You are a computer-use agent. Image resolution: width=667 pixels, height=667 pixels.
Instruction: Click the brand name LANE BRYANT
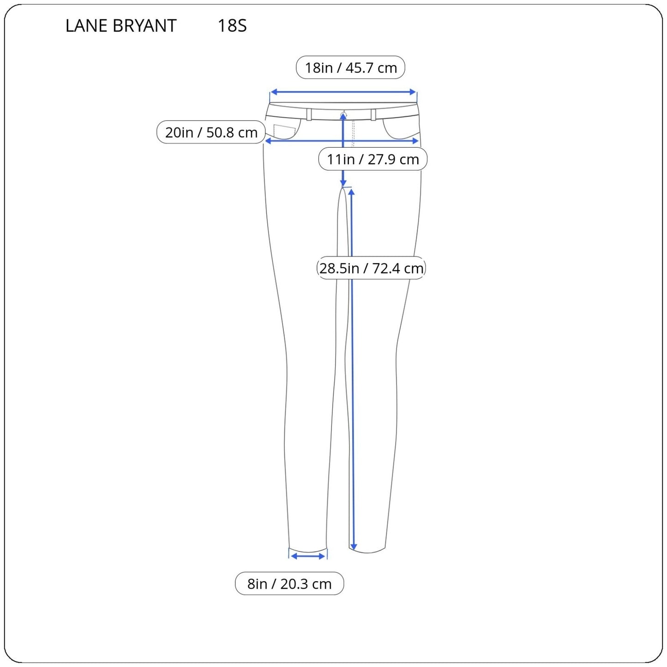click(121, 26)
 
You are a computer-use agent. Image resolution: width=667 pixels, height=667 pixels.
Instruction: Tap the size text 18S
click(232, 26)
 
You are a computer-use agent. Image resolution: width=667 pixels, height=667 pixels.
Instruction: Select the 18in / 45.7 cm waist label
click(350, 68)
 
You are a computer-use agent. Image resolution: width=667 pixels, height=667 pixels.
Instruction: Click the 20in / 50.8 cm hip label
click(211, 132)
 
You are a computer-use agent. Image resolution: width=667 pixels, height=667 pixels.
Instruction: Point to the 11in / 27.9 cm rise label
click(373, 159)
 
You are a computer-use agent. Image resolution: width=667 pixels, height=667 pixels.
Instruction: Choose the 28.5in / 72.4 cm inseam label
click(371, 268)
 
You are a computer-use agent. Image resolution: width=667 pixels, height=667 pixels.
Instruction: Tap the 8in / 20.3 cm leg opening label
click(289, 584)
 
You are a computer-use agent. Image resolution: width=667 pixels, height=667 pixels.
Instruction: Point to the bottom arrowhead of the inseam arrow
click(353, 547)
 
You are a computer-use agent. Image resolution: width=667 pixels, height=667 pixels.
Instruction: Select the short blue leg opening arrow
click(308, 556)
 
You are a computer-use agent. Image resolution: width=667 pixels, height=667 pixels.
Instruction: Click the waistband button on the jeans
click(343, 114)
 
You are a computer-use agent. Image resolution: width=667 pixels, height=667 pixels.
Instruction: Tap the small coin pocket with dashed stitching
click(284, 131)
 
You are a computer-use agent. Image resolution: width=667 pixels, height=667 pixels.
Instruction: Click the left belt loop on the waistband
click(309, 114)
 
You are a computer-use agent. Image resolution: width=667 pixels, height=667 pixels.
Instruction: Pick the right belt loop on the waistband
click(373, 114)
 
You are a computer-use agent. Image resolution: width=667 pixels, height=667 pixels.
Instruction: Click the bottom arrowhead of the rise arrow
click(343, 183)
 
